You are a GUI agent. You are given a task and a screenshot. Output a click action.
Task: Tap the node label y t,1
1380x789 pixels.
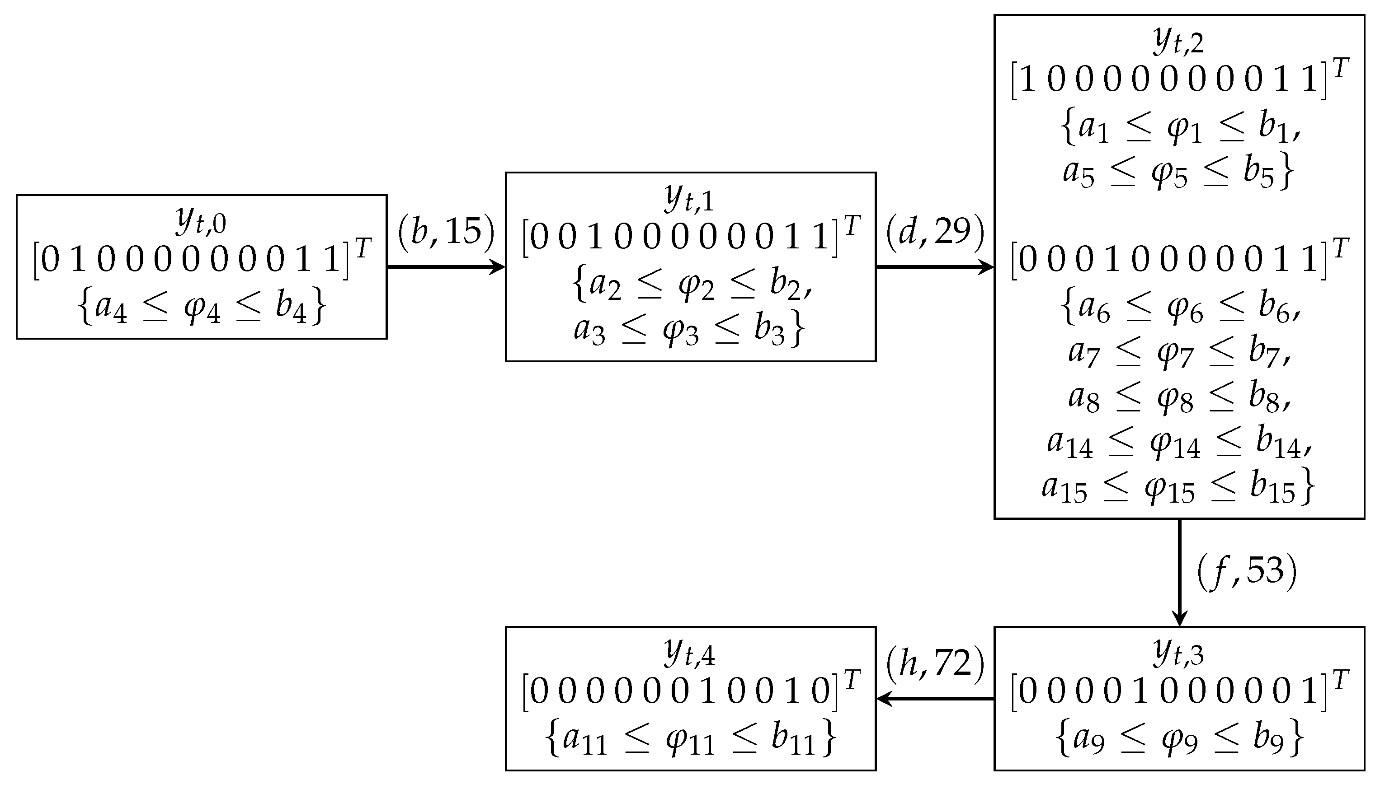[689, 198]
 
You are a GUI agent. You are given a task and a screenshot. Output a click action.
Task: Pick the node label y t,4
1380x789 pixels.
[689, 653]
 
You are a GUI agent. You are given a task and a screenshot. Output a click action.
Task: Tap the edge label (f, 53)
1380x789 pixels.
[1247, 572]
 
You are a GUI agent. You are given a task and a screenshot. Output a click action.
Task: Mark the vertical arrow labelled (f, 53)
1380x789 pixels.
[1179, 569]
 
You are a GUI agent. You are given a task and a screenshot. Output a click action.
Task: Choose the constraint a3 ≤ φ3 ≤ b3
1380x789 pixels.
[689, 330]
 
